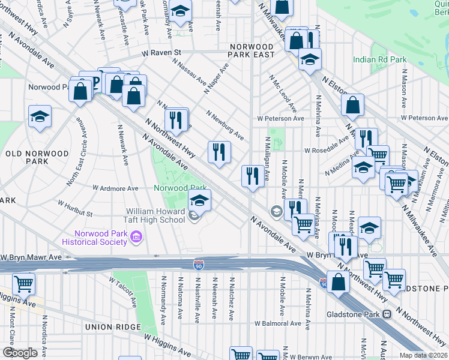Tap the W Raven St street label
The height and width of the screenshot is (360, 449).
(161, 53)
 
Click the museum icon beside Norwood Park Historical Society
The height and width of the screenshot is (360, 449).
(136, 238)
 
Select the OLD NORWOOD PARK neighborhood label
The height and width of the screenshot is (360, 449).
(37, 158)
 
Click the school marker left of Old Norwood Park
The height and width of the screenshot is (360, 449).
(40, 116)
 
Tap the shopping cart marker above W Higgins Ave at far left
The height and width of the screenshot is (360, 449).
(23, 283)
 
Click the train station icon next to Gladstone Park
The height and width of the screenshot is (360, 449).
(387, 314)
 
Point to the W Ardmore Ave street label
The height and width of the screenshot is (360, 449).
(115, 188)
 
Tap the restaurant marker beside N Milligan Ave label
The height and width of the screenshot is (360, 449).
(252, 176)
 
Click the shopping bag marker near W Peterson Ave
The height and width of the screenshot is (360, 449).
(352, 105)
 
